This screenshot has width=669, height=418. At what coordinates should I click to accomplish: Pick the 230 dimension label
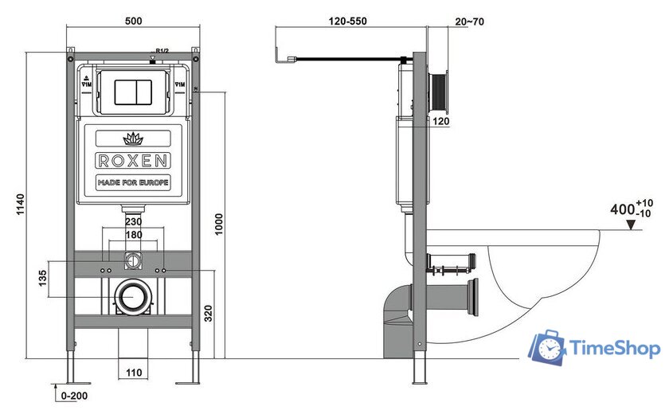pos(132,222)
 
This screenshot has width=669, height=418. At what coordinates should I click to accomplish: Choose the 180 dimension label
pos(132,236)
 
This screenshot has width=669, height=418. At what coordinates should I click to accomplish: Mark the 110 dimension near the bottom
pos(132,373)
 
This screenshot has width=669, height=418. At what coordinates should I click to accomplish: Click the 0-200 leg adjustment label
pos(72,395)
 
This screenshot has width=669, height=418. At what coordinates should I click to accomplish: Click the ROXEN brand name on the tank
pos(132,160)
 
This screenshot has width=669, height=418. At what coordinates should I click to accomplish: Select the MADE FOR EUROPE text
pos(132,183)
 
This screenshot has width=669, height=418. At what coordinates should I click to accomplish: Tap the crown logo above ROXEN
pos(132,138)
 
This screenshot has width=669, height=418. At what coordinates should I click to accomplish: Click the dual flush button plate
pos(132,92)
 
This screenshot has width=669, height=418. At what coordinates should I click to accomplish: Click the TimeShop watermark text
pos(613,349)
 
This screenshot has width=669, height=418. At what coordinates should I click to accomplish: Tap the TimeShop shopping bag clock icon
pos(548,347)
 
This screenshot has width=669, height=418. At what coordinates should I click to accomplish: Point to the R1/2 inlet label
pos(161,52)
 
